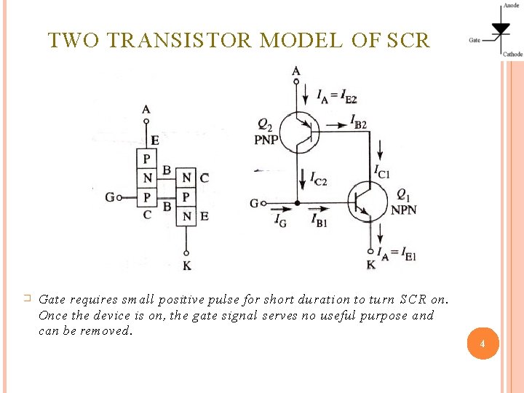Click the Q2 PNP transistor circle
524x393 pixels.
pos(298,132)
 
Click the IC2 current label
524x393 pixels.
pos(318,177)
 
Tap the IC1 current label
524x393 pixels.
pos(382,172)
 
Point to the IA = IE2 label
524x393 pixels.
pos(336,95)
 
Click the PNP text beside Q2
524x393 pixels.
pos(266,140)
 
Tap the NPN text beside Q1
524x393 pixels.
pos(404,210)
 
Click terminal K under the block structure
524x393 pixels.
pos(187,266)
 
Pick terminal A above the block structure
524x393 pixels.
pos(146,109)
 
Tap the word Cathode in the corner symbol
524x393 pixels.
pos(512,54)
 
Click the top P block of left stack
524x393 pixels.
pos(147,159)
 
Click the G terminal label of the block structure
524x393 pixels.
pos(109,197)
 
